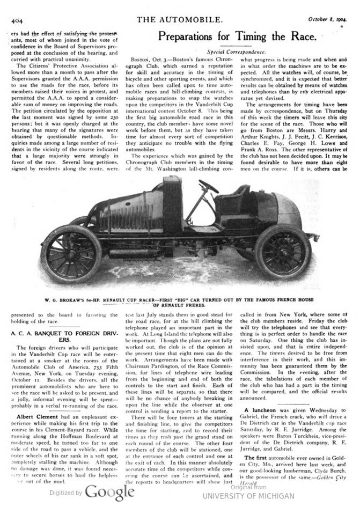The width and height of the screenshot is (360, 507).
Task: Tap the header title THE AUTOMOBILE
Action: pyautogui.click(x=180, y=20)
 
